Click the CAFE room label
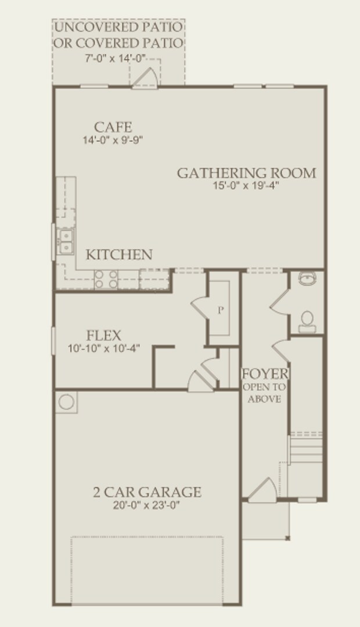point(113,127)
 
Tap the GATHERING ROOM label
point(246,173)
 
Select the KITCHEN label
point(119,255)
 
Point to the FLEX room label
point(103,336)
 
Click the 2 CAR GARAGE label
point(147,492)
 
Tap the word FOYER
point(265,374)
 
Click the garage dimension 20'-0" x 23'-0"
point(146,505)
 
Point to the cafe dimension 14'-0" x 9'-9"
point(113,140)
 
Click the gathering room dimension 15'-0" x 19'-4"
point(246,186)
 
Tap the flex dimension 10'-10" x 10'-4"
point(103,348)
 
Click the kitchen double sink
point(66,242)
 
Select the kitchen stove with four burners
point(106,279)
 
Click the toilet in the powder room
point(307,322)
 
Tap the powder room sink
point(307,278)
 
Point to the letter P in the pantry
point(221,310)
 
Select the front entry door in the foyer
point(262,490)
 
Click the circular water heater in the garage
point(66,402)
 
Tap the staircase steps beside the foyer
point(306,448)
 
